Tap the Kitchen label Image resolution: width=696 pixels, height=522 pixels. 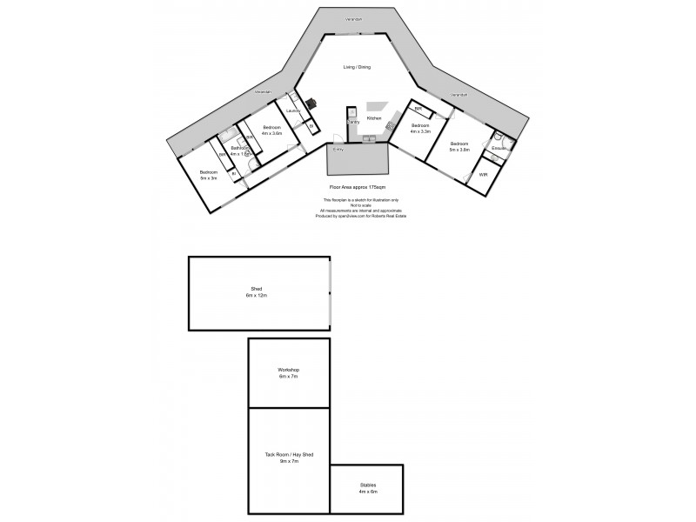tap(374, 117)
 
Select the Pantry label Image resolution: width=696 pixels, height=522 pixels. tap(353, 122)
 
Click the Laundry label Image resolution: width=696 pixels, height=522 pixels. tap(293, 110)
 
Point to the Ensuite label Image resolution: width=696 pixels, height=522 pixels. tap(499, 148)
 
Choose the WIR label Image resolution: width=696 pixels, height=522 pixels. tap(483, 175)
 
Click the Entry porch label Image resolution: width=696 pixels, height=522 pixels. tap(338, 150)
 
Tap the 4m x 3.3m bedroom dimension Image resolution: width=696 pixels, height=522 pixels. tap(421, 132)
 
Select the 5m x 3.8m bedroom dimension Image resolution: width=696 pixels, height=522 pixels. tap(459, 150)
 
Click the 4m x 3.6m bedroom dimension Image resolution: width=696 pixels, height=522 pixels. tap(271, 133)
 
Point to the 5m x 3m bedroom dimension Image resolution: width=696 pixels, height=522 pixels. tap(209, 177)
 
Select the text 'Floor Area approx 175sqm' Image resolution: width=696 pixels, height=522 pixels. tap(358, 187)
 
